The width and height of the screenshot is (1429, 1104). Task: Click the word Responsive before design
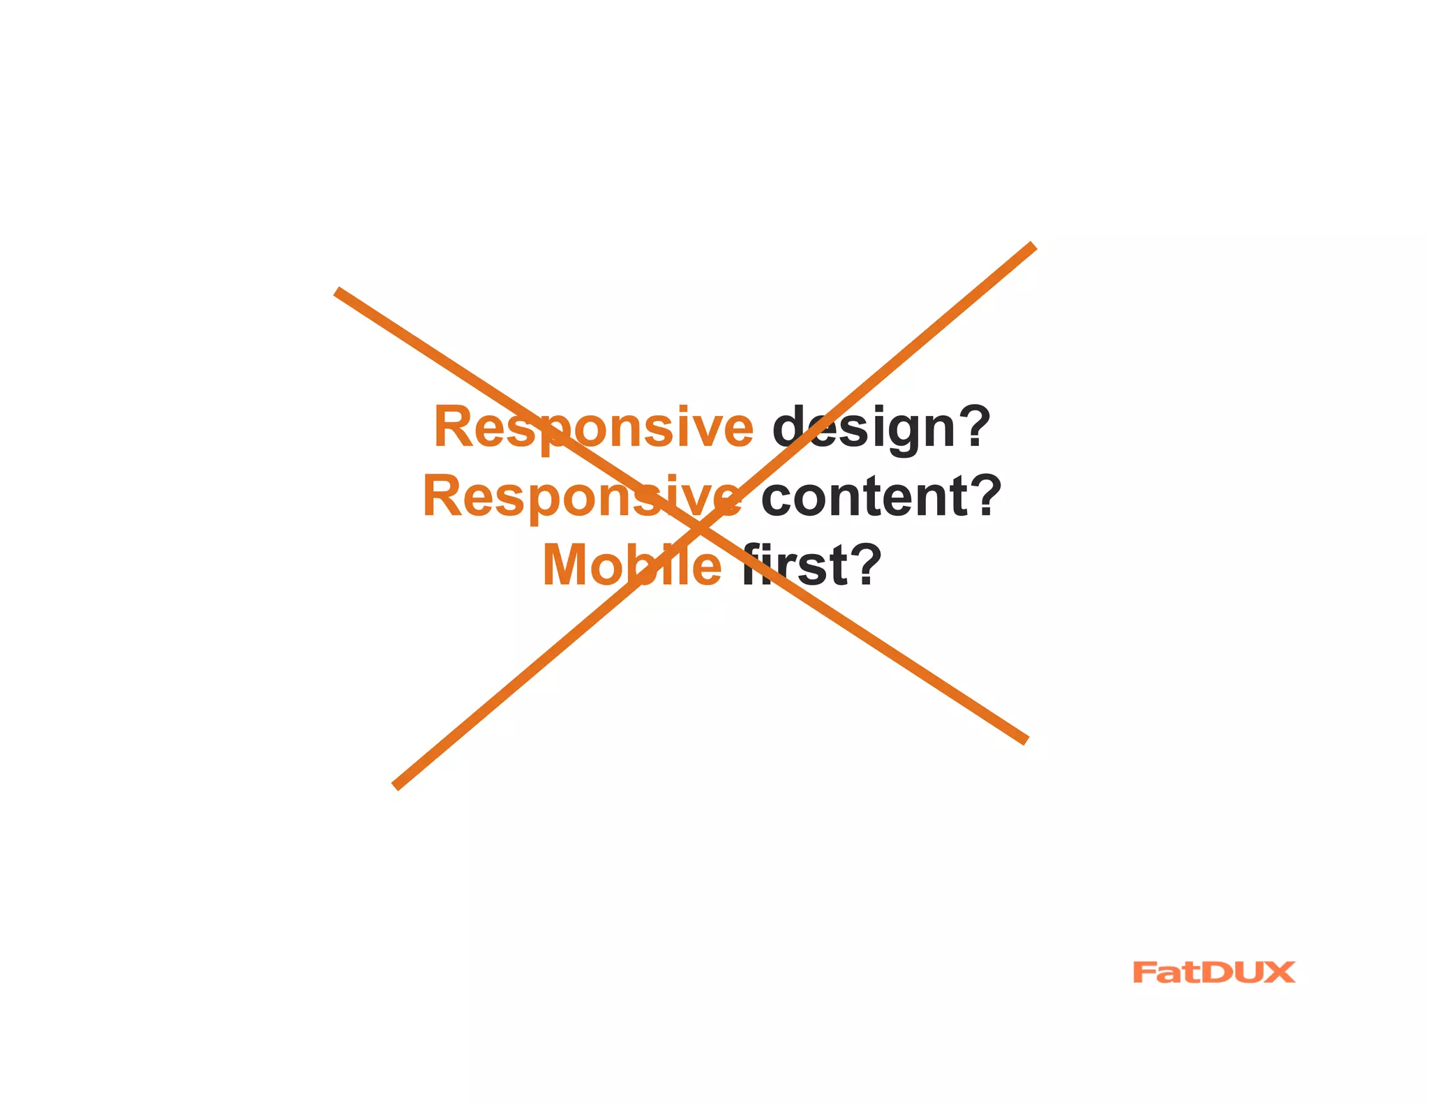593,427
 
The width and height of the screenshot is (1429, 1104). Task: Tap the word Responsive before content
582,496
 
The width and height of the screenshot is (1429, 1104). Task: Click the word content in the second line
865,496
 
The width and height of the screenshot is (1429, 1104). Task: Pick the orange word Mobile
632,565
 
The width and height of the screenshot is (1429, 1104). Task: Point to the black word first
795,565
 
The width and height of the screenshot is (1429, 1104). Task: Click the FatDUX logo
1214,972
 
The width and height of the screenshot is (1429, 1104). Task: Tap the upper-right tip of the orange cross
1033,246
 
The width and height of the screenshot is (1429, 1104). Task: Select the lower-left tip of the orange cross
396,786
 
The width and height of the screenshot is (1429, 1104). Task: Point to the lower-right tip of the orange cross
1026,740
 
